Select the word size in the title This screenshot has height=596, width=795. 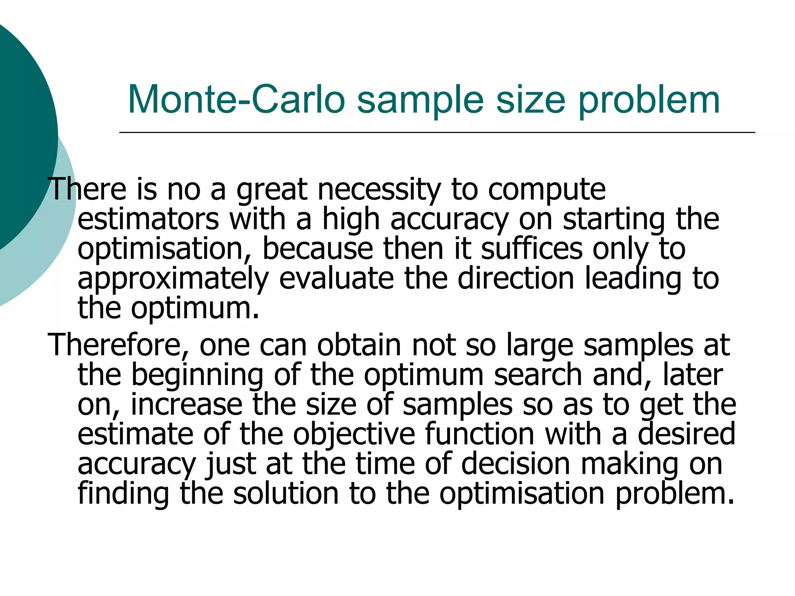tap(530, 100)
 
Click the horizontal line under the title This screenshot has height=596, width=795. tap(437, 133)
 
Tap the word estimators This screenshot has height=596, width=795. tap(148, 219)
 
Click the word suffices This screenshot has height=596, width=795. tap(531, 249)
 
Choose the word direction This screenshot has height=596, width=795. tap(516, 278)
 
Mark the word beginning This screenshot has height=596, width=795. tap(198, 375)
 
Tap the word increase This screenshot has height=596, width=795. tap(187, 405)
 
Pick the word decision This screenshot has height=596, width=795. tap(516, 464)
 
